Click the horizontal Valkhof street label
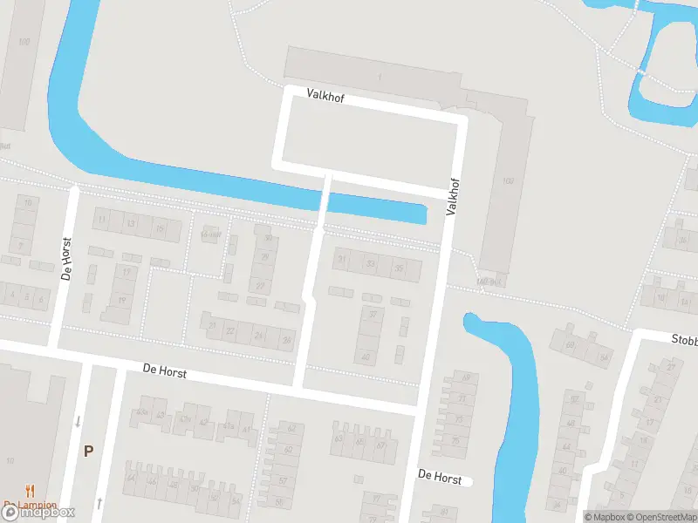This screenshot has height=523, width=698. [325, 97]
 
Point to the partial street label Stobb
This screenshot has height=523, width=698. [683, 339]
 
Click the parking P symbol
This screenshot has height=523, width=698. [87, 451]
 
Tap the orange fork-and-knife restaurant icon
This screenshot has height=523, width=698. [31, 491]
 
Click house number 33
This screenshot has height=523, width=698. [371, 263]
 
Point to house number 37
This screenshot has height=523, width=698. [373, 315]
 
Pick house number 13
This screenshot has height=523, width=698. [131, 224]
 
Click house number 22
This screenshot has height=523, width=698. [230, 331]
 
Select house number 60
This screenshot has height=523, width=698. [288, 449]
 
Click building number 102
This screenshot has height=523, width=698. [509, 180]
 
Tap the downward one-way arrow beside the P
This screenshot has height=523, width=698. [78, 422]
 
